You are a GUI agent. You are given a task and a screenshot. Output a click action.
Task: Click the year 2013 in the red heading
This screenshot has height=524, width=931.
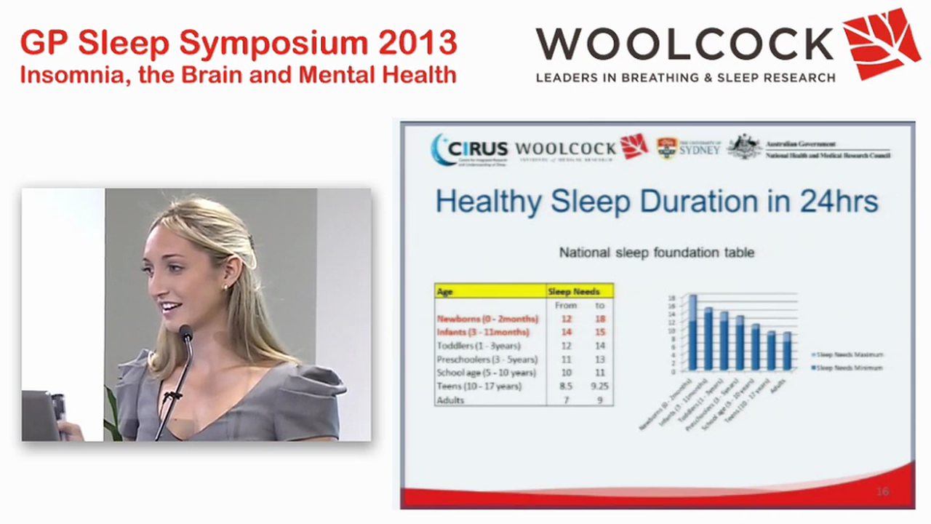(x=417, y=44)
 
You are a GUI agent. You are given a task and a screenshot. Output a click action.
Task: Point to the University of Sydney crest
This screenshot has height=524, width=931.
(x=666, y=148)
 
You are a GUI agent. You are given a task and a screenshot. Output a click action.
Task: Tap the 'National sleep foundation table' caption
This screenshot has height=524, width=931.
(x=656, y=253)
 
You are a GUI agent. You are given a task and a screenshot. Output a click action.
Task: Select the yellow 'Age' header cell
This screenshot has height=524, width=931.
(x=490, y=291)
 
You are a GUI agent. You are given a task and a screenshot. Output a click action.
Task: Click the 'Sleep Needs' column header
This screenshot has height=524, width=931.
(x=579, y=291)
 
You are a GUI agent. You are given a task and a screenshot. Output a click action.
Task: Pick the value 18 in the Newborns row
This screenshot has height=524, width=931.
(x=600, y=319)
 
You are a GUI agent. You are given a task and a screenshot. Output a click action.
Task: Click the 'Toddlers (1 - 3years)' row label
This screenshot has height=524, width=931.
(x=478, y=346)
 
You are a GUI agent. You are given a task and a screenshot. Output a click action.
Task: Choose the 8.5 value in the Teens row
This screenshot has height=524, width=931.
(x=566, y=386)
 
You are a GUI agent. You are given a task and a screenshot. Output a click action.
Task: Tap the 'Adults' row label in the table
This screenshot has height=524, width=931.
(x=450, y=400)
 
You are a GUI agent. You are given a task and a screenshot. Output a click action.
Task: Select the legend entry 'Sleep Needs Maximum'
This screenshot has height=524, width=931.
(x=850, y=354)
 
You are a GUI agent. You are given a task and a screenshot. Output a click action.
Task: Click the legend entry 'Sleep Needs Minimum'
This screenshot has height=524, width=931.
(x=849, y=368)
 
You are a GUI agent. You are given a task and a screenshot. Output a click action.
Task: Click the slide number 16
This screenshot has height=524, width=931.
(x=882, y=492)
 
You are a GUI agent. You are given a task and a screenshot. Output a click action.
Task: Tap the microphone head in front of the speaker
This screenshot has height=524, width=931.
(x=185, y=333)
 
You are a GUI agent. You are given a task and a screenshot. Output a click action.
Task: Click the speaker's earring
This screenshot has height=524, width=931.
(x=225, y=286)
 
